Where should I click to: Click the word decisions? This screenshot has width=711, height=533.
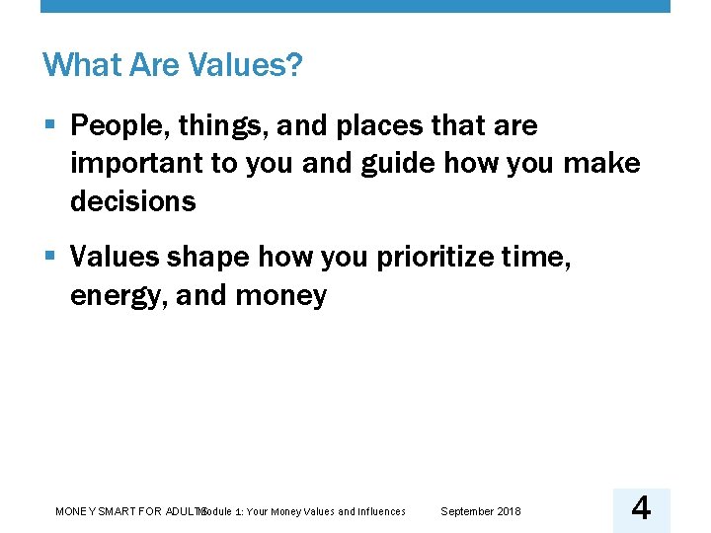pos(133,201)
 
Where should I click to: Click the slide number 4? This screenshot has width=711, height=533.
pos(641,509)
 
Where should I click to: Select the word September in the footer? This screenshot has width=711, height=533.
pos(463,511)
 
